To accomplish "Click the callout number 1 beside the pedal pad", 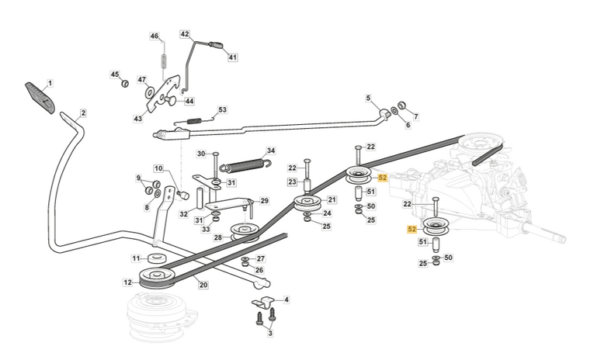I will pyautogui.click(x=50, y=82).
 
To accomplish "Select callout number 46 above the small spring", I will pyautogui.click(x=155, y=36).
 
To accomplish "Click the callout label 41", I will pyautogui.click(x=232, y=57).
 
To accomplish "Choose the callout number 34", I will pyautogui.click(x=271, y=151).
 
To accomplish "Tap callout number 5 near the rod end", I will pyautogui.click(x=369, y=98).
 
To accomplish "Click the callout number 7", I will pyautogui.click(x=415, y=117).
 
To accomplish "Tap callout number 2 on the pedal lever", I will pyautogui.click(x=83, y=113).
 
